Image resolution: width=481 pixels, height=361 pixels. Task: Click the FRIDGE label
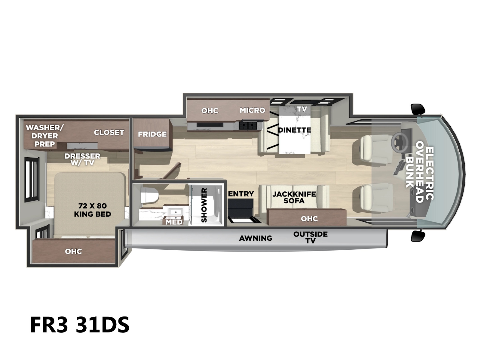[x=152, y=134]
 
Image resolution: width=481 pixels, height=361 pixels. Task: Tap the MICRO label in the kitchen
[x=253, y=110]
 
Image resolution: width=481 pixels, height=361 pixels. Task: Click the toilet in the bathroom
[x=149, y=195]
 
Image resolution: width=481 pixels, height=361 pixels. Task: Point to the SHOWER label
[x=204, y=205]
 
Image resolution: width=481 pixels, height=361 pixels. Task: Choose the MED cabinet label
[x=174, y=222]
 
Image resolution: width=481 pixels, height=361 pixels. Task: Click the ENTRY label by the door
[x=241, y=194]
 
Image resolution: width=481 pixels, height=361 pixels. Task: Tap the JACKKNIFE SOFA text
[x=294, y=197]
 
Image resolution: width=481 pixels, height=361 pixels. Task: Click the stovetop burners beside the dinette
[x=248, y=125]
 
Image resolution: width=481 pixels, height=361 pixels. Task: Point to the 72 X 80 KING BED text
[x=93, y=210]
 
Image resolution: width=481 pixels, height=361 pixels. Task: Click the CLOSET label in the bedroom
[x=109, y=132]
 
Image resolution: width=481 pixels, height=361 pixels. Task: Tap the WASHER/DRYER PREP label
[x=45, y=136]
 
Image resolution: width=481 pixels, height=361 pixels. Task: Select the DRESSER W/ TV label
[x=82, y=159]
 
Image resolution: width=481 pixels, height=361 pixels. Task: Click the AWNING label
[x=256, y=238]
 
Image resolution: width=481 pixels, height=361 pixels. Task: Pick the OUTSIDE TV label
[x=311, y=237]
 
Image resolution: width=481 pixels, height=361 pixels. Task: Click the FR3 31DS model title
[x=80, y=325]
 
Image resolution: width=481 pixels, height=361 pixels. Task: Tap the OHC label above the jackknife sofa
[x=309, y=218]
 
